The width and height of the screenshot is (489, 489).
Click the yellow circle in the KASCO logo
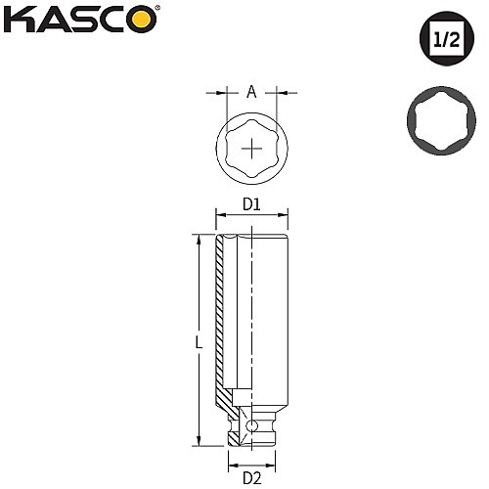(x=143, y=20)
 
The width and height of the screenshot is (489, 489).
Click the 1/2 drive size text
(x=447, y=39)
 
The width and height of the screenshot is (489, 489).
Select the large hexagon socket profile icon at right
(x=441, y=120)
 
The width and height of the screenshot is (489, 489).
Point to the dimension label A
(x=251, y=92)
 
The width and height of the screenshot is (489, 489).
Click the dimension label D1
(x=251, y=204)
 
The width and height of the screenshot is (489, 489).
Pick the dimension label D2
(x=252, y=478)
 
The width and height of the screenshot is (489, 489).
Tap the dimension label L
(x=199, y=342)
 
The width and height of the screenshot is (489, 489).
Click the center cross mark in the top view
(x=252, y=149)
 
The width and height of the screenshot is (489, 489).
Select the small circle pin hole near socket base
(x=251, y=425)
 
